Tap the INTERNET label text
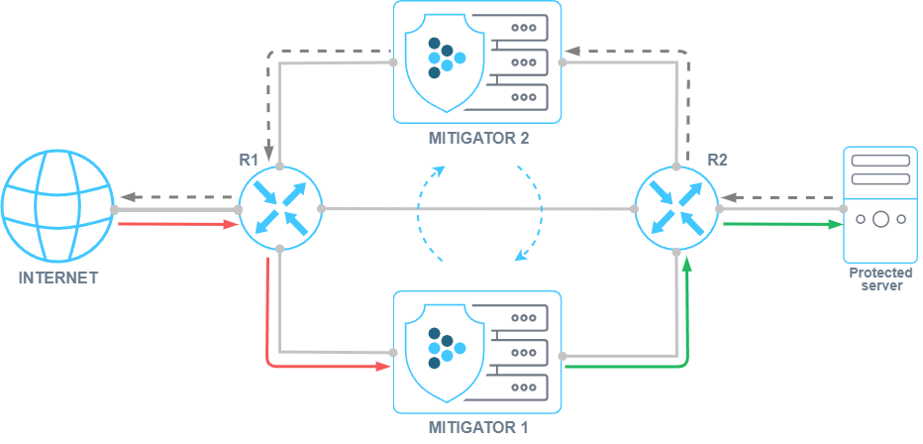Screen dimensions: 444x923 [58, 278]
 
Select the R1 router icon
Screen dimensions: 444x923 [280, 208]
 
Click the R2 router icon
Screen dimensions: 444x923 [676, 208]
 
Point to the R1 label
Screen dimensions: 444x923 [248, 159]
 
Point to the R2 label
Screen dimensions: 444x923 [717, 159]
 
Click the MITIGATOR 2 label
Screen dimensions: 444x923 [478, 138]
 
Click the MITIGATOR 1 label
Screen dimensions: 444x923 [478, 428]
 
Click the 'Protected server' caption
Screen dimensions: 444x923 [879, 278]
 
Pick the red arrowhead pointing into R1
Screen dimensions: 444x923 [231, 224]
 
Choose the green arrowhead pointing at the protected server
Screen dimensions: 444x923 [835, 224]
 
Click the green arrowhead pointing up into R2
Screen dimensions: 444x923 [688, 260]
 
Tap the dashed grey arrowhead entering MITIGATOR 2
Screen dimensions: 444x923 [571, 49]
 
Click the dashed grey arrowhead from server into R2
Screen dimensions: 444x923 [728, 196]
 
